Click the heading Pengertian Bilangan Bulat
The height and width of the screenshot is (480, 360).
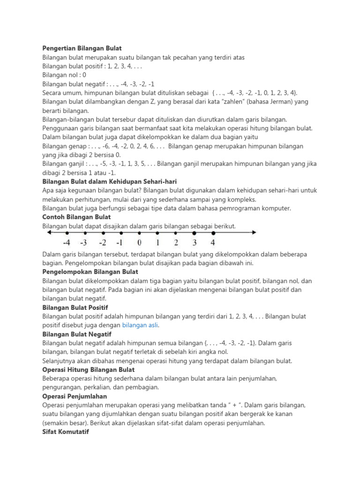pos(82,48)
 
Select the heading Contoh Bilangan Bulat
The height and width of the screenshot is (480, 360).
pos(76,217)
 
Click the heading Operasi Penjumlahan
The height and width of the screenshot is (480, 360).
pos(75,396)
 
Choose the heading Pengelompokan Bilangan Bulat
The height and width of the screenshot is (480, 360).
pos(90,271)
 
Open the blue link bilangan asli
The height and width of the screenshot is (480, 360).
pos(140,325)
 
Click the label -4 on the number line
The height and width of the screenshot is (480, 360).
pos(67,243)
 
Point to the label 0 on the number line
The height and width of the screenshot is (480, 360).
pos(139,243)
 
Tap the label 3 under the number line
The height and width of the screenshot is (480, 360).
pos(195,243)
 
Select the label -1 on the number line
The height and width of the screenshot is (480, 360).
pos(120,243)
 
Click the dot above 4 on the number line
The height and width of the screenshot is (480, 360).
pos(214,232)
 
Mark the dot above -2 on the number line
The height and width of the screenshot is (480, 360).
pos(103,232)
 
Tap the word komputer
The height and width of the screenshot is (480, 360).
pos(275,208)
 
